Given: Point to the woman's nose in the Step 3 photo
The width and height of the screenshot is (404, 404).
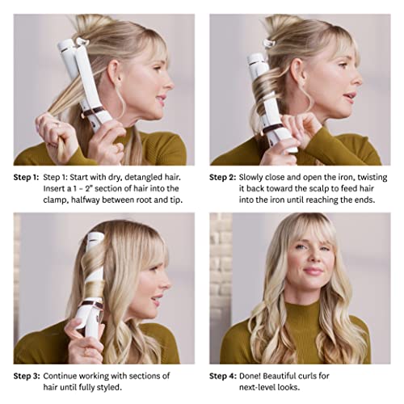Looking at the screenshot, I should click(168, 275).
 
